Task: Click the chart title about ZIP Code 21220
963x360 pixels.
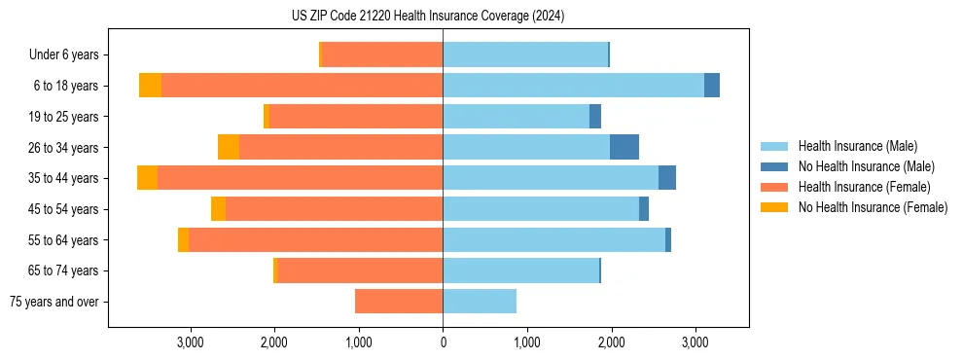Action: (428, 17)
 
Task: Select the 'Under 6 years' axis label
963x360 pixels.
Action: (69, 54)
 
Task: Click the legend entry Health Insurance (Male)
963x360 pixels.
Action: (857, 146)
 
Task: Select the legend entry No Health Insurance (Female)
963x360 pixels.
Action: (873, 207)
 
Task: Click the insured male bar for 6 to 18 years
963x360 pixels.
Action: (573, 86)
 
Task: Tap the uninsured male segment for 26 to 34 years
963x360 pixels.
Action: (624, 147)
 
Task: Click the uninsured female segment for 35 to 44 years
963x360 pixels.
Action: (147, 178)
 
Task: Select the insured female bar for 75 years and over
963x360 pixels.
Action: (399, 302)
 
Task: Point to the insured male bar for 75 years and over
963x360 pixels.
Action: (480, 302)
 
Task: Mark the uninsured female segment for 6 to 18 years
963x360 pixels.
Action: (150, 86)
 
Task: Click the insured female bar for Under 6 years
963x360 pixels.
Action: (382, 54)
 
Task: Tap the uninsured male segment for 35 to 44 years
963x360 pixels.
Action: (667, 178)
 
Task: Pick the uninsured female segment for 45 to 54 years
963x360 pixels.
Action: (218, 209)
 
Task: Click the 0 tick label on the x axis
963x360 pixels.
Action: (443, 342)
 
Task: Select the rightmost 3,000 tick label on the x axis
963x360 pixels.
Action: (695, 342)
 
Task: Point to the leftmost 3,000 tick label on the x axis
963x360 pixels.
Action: (191, 342)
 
